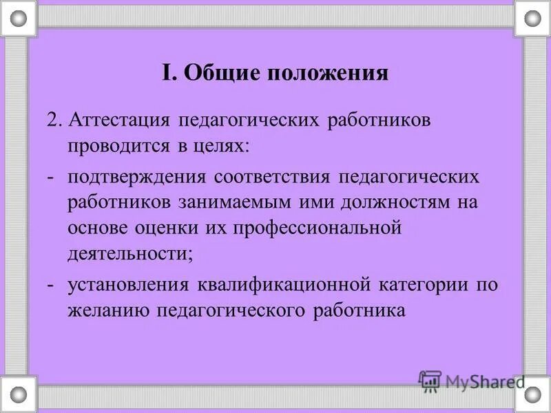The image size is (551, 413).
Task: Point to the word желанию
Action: pyautogui.click(x=110, y=310)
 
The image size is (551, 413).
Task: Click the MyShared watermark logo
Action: pyautogui.click(x=472, y=381)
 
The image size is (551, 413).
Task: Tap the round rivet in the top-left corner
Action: pyautogui.click(x=18, y=19)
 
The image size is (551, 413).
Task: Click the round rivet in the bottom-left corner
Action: pyautogui.click(x=18, y=394)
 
